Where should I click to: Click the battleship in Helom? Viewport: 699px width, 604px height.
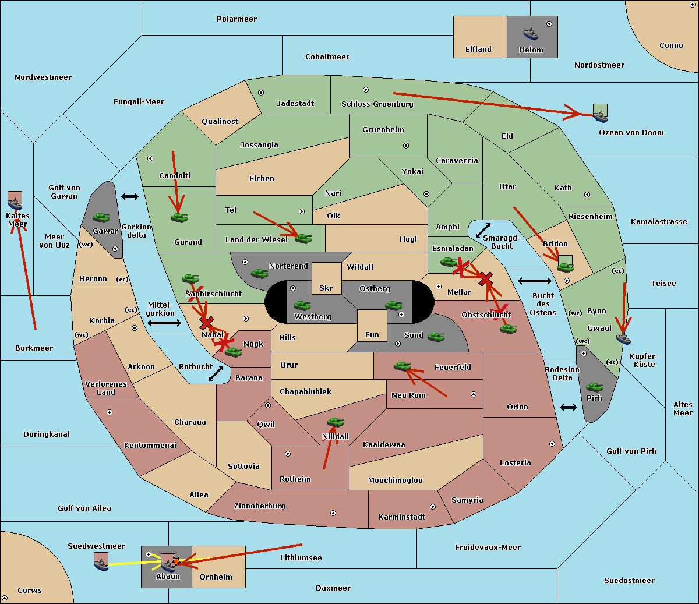tap(531, 34)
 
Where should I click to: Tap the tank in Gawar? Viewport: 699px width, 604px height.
tap(101, 217)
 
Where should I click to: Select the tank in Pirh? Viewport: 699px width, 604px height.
tap(594, 387)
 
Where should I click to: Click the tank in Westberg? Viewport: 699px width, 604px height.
tap(302, 306)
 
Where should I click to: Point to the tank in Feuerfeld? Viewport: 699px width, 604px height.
tap(403, 366)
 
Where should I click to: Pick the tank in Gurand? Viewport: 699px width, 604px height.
tap(179, 217)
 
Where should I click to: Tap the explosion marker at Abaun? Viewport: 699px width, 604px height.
tap(176, 561)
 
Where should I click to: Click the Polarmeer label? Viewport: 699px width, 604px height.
tap(236, 19)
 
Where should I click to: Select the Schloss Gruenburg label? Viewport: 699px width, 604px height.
tap(377, 104)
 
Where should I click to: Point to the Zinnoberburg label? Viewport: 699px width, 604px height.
tap(260, 506)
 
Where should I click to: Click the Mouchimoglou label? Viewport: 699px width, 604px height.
tap(396, 480)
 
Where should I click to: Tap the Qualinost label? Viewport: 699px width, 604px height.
tap(220, 121)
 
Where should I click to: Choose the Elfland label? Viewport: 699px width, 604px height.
tap(478, 50)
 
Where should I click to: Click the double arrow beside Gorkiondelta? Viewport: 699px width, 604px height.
tap(130, 196)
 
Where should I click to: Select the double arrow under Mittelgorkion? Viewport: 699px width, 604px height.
tap(164, 323)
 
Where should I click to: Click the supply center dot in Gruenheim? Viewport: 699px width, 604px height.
tap(406, 146)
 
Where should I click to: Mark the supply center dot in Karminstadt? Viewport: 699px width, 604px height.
tap(433, 507)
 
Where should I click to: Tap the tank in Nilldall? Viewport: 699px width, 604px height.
tap(335, 422)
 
